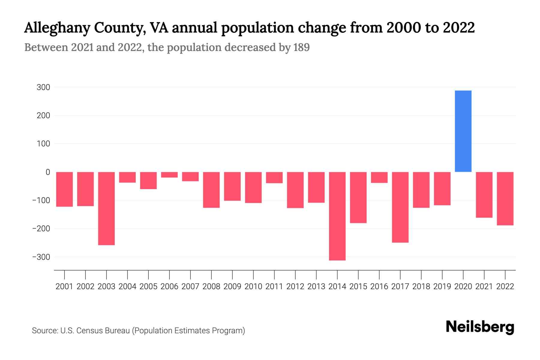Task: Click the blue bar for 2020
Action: click(463, 131)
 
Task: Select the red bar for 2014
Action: click(337, 216)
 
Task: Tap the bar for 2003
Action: click(106, 208)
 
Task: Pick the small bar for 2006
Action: click(169, 175)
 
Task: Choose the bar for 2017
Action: click(400, 207)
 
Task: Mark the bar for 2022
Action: click(505, 199)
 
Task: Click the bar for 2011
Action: click(274, 178)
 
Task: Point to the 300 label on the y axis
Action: click(43, 87)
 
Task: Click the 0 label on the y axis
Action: click(48, 172)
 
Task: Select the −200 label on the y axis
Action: click(41, 229)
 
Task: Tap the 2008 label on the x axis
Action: click(211, 286)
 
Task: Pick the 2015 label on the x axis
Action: click(358, 286)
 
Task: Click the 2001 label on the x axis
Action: click(64, 286)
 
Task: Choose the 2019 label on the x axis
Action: click(442, 286)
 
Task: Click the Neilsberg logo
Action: click(480, 327)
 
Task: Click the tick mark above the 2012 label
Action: click(295, 274)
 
